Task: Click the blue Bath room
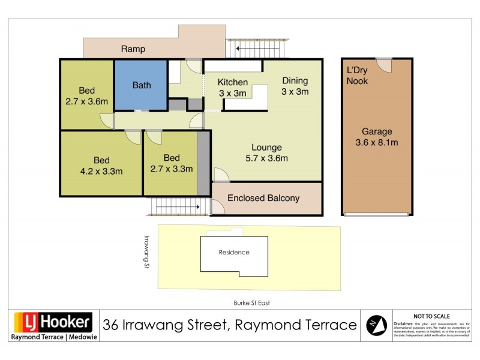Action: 141,85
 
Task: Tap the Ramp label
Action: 133,49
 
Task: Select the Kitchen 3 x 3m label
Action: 233,88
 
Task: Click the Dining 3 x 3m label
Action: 295,86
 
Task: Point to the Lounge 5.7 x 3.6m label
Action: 267,153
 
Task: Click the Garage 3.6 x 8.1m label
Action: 376,137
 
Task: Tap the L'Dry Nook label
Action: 357,76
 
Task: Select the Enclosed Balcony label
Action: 263,198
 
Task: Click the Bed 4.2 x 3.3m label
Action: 101,165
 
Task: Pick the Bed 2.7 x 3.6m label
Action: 86,97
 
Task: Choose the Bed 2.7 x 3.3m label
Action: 171,163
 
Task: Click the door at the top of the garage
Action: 384,65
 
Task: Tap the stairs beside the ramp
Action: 258,47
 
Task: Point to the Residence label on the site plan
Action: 233,253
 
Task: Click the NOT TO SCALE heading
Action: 431,316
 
